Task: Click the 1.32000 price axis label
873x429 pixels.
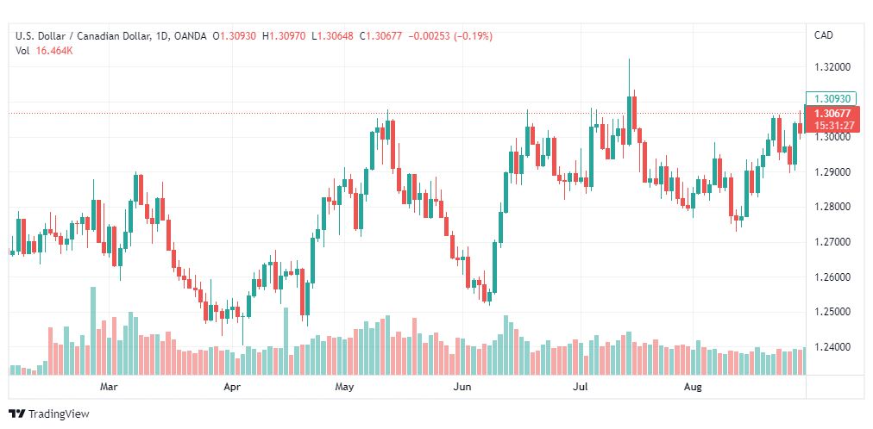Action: pos(832,67)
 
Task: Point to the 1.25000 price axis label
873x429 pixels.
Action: pos(832,312)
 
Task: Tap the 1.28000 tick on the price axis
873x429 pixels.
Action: pos(832,207)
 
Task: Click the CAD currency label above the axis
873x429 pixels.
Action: pos(824,35)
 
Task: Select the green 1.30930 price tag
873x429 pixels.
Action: pos(832,98)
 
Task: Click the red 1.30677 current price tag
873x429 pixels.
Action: pos(832,114)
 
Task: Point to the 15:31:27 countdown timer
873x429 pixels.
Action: pos(832,126)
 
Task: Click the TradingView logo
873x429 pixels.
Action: pos(50,414)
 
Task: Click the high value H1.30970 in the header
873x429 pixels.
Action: pos(284,36)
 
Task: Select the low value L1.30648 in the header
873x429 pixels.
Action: pos(332,36)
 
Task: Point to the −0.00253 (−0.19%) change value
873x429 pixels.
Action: pos(450,36)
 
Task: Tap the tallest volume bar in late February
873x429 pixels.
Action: pos(93,331)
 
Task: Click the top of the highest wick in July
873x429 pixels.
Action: pos(629,59)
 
